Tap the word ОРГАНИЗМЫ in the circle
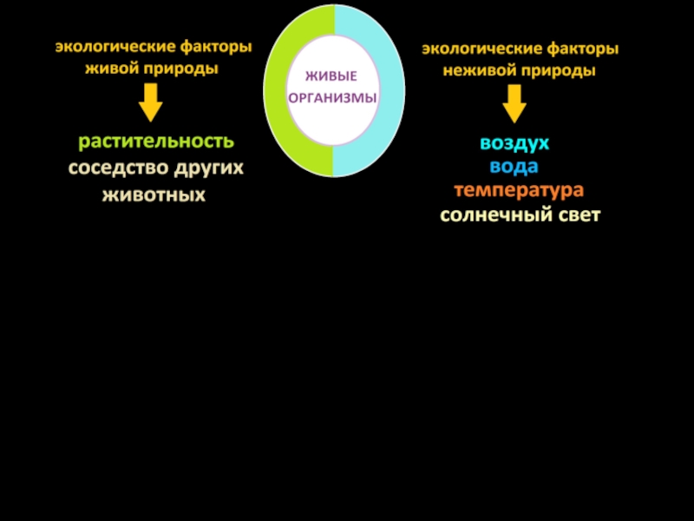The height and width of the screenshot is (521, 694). pos(333,98)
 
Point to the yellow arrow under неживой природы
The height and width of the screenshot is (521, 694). pos(514,105)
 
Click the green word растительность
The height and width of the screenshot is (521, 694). pos(156,141)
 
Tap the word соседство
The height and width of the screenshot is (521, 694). pos(118,168)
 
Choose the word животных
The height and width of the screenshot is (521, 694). pos(154,195)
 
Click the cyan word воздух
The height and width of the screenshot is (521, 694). pos(514,143)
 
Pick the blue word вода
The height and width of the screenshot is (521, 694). pos(514,166)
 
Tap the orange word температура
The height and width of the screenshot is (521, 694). pos(518,189)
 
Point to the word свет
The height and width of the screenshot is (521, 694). pos(577,214)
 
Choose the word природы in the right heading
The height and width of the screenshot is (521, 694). pos(557,70)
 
